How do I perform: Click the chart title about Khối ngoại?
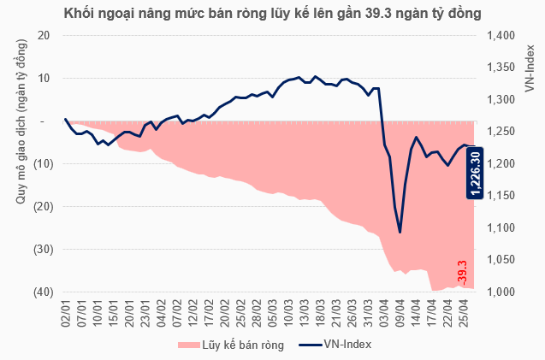[272, 13]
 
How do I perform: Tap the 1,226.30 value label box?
[476, 173]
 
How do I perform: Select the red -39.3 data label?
[462, 273]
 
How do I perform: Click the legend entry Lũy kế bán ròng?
[230, 344]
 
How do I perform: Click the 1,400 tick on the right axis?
[501, 35]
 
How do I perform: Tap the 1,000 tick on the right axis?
[501, 292]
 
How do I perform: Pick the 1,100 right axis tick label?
[501, 228]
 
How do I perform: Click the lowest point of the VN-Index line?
[400, 232]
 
